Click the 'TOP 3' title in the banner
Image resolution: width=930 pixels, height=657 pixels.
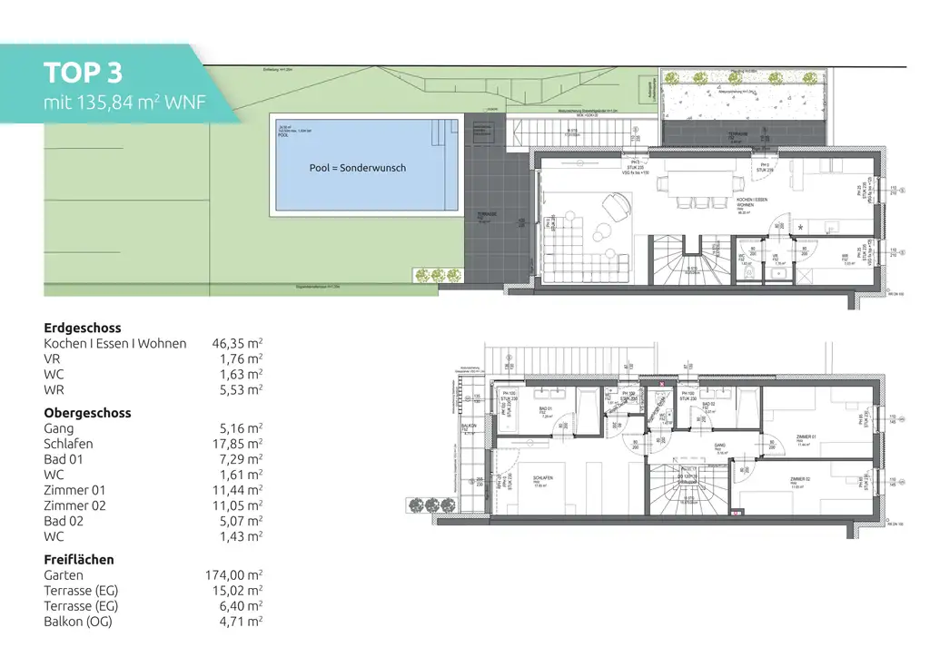click(83, 73)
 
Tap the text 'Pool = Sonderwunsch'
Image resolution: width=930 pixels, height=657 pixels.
click(358, 168)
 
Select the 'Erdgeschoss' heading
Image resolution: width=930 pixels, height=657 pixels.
click(83, 328)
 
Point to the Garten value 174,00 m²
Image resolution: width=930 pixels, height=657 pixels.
click(233, 574)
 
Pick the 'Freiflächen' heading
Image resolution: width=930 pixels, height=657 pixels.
click(79, 559)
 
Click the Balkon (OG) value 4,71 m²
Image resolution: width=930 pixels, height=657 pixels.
click(239, 621)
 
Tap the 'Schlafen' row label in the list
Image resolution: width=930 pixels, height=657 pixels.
click(68, 444)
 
